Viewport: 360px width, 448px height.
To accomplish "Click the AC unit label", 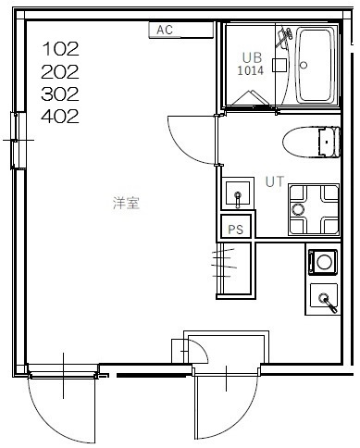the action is click(x=165, y=30).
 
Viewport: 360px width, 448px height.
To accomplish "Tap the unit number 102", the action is click(x=61, y=49).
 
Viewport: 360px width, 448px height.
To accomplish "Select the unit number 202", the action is click(x=60, y=72).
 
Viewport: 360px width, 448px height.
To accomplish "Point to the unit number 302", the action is click(x=60, y=94).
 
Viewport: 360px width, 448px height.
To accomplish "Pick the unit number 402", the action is click(x=60, y=117).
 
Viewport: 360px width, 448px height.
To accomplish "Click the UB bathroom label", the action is click(x=252, y=57).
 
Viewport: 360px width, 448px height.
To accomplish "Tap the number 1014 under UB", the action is click(x=251, y=70).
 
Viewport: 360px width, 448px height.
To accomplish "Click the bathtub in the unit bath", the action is click(x=316, y=65).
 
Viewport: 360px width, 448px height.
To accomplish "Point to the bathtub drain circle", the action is click(x=304, y=65).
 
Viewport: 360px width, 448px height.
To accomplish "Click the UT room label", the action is click(x=275, y=181).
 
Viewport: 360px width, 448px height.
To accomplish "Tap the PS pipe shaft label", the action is click(x=236, y=230).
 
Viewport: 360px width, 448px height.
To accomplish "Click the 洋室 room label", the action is click(x=126, y=203).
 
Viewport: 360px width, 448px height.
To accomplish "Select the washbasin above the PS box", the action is click(x=238, y=193).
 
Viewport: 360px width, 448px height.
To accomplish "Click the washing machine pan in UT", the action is click(x=314, y=209).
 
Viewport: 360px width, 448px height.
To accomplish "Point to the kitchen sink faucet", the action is click(x=329, y=303).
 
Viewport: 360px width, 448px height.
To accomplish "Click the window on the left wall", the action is click(x=19, y=141).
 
